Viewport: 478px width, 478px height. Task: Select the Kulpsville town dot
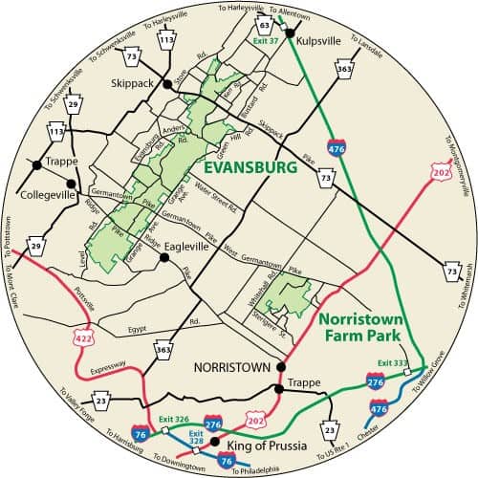click(287, 33)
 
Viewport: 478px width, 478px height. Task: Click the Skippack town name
click(133, 83)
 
